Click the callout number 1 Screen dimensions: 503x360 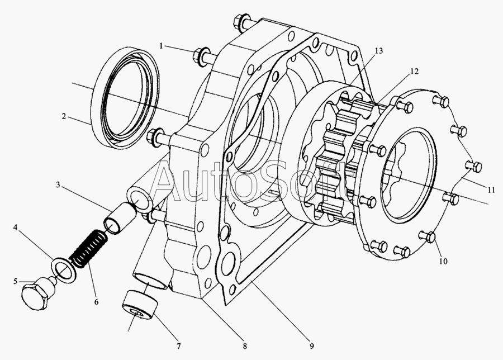[162, 46]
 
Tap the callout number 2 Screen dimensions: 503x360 [64, 116]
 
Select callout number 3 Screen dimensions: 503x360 [58, 185]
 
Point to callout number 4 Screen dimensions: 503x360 [15, 228]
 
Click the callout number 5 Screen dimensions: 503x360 [16, 281]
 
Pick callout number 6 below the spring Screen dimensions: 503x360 [96, 302]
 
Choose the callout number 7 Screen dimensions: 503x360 [179, 346]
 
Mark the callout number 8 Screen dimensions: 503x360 [245, 346]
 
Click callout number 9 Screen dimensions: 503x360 [312, 346]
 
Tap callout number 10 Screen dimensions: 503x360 [443, 261]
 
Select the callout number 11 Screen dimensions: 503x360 [491, 190]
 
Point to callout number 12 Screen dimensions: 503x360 [415, 71]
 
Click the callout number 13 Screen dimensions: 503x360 [378, 51]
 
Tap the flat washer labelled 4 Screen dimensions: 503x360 [64, 267]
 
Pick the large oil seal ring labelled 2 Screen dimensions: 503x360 [125, 97]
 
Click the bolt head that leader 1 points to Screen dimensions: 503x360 [198, 57]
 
